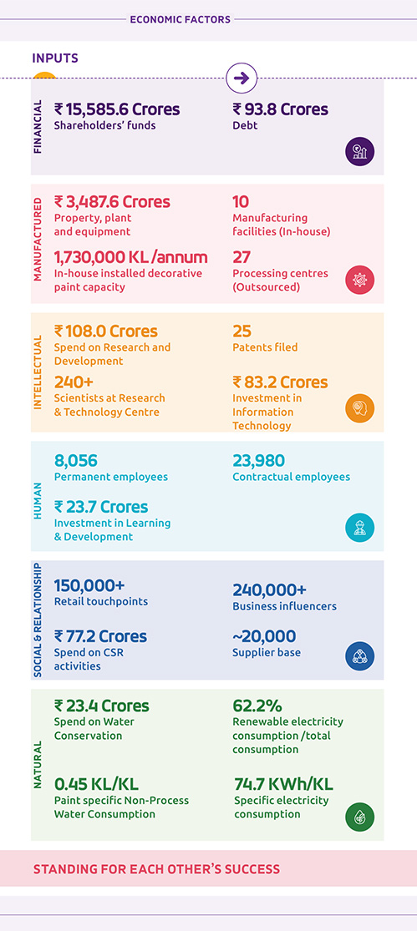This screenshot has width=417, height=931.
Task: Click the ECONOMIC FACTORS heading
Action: coord(180,19)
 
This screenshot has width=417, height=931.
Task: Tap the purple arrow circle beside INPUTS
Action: coord(242,78)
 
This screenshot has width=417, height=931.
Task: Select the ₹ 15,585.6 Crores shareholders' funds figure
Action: coord(117,109)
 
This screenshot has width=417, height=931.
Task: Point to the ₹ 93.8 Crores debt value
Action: coord(281,109)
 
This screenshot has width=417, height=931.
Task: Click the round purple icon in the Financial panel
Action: coord(360,151)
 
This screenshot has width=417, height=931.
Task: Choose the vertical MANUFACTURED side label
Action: coord(38,244)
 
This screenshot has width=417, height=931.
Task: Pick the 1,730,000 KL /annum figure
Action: coord(130,258)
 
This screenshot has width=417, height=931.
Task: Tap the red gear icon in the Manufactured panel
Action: coord(360,280)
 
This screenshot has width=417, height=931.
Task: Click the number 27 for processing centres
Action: coord(242,258)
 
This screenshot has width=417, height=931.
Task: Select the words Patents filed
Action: coord(265,347)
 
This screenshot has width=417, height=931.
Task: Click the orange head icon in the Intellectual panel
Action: coord(360,408)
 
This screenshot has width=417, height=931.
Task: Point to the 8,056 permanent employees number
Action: coord(75,461)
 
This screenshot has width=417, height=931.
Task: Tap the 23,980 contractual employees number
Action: coord(258,461)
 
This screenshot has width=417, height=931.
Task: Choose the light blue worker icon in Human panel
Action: coord(360,528)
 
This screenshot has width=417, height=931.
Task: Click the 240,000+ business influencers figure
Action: coord(270,590)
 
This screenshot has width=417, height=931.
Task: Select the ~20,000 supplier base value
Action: coord(264,636)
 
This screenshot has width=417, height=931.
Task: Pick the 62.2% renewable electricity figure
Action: coord(257,706)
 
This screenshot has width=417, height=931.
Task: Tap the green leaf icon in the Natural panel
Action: coord(360,817)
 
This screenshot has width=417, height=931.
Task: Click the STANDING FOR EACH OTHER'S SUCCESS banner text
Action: coord(156,869)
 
